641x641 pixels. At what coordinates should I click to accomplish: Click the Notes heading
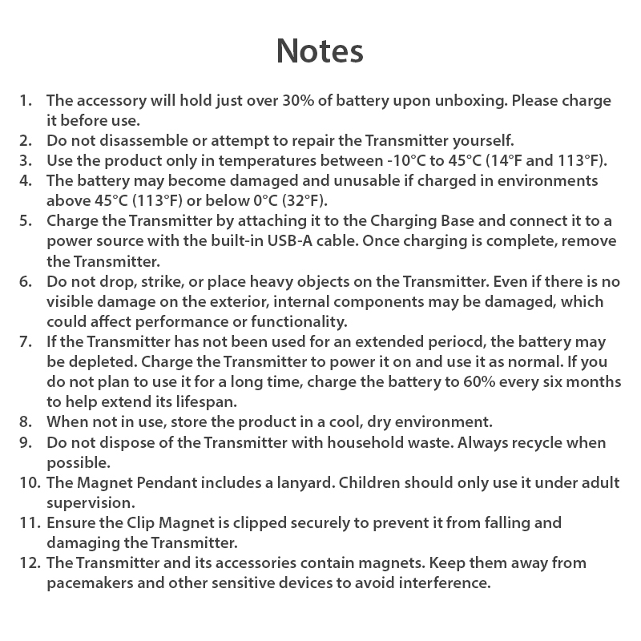point(320,50)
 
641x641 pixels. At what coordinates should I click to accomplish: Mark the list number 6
point(26,282)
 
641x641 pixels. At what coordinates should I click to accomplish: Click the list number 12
point(27,562)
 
